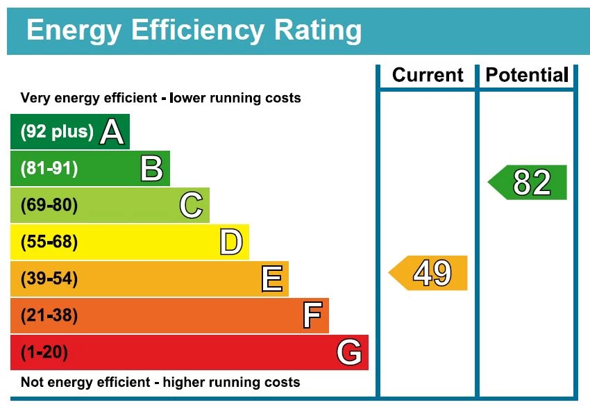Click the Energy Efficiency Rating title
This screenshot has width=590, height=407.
pos(194,31)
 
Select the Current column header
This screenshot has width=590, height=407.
pos(428,75)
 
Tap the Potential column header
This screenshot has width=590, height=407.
pos(527,75)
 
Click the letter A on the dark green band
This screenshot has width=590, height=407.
pos(112,132)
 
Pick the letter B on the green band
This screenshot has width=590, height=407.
pos(151,169)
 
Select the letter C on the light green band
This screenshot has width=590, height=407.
pos(191,206)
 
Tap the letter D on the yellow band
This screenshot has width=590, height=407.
pos(231,242)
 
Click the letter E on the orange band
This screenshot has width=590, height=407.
pos(271,279)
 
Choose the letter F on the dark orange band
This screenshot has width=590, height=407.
pos(312,316)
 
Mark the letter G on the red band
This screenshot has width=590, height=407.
pos(349,353)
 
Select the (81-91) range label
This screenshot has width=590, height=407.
pos(49,169)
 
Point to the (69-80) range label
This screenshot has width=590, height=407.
pos(49,206)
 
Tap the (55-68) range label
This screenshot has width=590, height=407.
pos(49,242)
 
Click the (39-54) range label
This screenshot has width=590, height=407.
pos(49,279)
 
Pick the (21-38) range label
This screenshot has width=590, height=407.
pos(49,316)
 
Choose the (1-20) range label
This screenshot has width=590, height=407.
pos(44,353)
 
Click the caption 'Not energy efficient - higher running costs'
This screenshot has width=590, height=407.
pos(160,383)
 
